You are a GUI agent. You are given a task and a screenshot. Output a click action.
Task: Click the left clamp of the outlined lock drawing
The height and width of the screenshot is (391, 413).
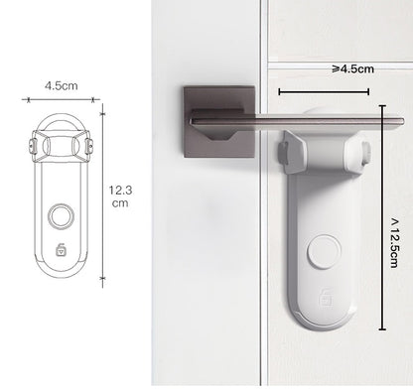35,147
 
